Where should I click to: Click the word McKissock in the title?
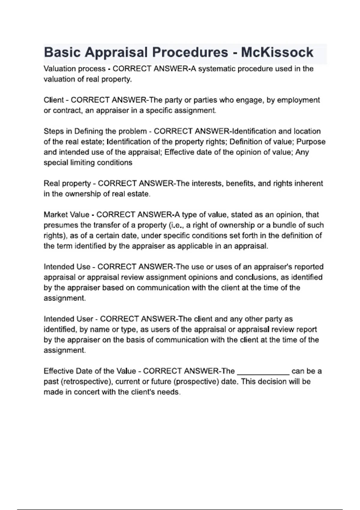(277, 52)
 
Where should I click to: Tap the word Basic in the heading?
(62, 52)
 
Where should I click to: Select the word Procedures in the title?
(190, 52)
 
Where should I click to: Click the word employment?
(298, 100)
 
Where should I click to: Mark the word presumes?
(58, 225)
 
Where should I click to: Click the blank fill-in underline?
(263, 372)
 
